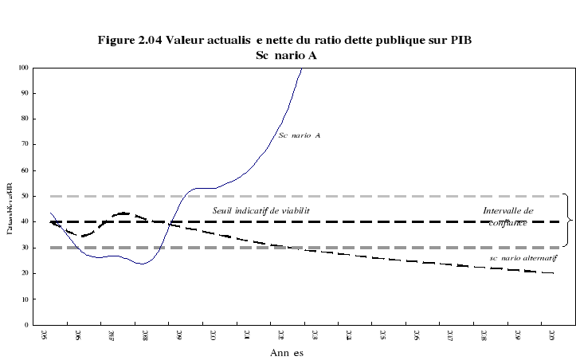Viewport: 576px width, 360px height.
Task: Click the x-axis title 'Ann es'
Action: pos(286,352)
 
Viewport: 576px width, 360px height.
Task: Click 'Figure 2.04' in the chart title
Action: pos(127,40)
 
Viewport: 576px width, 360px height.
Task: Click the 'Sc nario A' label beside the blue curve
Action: pos(299,135)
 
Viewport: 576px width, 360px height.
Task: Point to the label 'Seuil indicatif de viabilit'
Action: pos(261,210)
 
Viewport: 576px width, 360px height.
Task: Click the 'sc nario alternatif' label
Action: pos(523,259)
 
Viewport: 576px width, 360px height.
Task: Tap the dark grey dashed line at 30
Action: pos(159,248)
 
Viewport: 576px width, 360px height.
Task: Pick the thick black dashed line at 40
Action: pos(398,222)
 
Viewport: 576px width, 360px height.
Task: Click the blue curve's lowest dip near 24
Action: pos(143,263)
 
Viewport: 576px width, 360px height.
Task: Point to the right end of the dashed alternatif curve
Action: pos(552,273)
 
